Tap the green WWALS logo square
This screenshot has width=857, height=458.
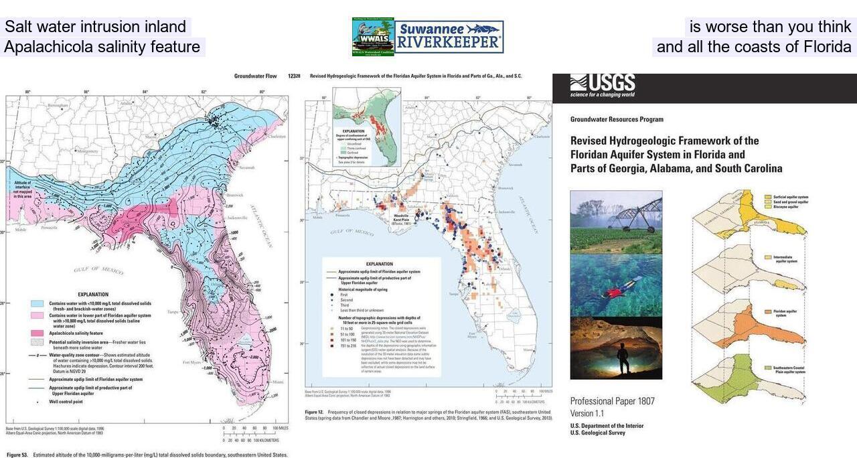373,37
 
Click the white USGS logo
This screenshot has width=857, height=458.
603,84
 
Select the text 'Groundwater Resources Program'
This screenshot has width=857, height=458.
617,119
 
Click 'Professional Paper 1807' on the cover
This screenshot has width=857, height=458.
612,401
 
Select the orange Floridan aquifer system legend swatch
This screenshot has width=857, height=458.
768,311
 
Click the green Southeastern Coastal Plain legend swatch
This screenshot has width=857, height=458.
768,368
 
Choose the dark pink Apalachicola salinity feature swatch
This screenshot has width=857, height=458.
37,333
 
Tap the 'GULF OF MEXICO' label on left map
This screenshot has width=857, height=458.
98,269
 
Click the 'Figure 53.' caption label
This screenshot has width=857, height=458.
17,455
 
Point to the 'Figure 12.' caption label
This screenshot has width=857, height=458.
315,412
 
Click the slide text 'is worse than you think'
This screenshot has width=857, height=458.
770,27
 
